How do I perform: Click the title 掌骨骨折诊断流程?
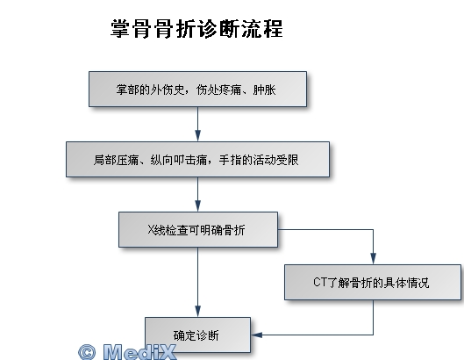tap(196, 29)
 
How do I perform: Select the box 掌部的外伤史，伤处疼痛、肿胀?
tap(197, 89)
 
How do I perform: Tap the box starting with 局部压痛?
tap(197, 160)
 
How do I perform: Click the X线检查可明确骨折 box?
tap(198, 229)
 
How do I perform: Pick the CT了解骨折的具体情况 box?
tap(373, 282)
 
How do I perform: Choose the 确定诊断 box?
tap(197, 335)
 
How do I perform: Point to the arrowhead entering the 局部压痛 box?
tap(198, 135)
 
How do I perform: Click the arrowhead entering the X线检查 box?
tap(198, 205)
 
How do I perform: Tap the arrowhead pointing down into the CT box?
tap(373, 258)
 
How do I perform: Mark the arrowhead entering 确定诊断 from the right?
tap(257, 335)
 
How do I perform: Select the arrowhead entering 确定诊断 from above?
tap(198, 311)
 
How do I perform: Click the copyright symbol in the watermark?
tap(87, 352)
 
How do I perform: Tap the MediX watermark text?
tap(139, 352)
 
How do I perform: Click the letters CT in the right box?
tap(320, 282)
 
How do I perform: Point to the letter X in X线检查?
tap(151, 230)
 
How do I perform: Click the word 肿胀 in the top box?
tap(264, 90)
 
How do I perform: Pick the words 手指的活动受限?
tap(259, 160)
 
